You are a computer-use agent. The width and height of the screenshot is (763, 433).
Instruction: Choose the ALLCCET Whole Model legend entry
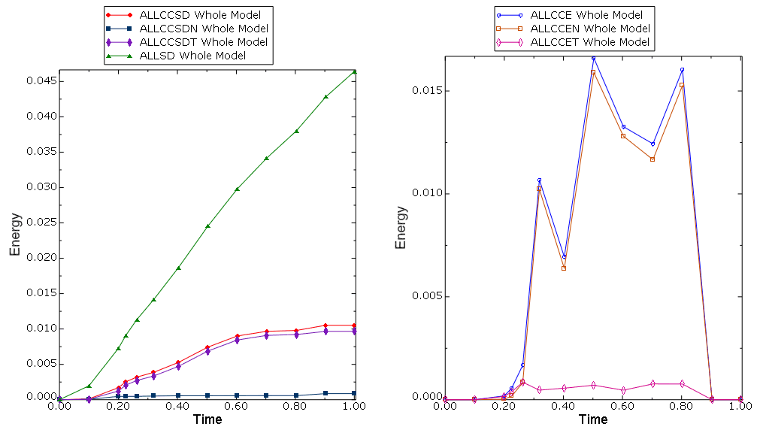[x=589, y=42]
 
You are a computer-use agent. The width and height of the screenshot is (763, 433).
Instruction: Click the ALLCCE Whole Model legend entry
[x=586, y=14]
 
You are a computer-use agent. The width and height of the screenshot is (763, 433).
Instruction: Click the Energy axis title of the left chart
[x=15, y=235]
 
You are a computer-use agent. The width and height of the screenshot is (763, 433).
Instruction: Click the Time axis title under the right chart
[x=593, y=419]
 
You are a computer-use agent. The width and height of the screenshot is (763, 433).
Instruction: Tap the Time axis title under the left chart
[x=207, y=419]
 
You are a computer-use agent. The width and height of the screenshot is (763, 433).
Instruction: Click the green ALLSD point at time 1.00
[x=355, y=72]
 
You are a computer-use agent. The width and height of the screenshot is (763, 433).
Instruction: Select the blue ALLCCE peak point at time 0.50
[x=593, y=58]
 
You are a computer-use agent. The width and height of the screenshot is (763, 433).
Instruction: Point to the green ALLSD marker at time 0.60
[x=238, y=189]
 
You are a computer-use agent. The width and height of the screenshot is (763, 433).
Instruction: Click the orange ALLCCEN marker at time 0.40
[x=564, y=268]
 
